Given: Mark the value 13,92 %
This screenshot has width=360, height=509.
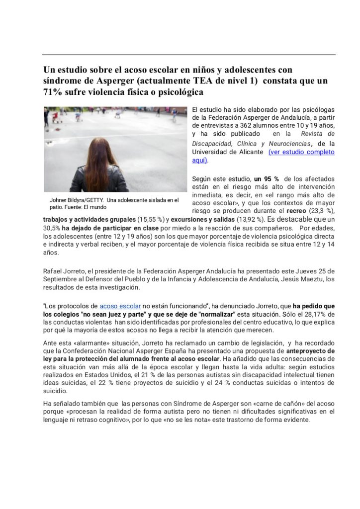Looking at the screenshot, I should point(249,219).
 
